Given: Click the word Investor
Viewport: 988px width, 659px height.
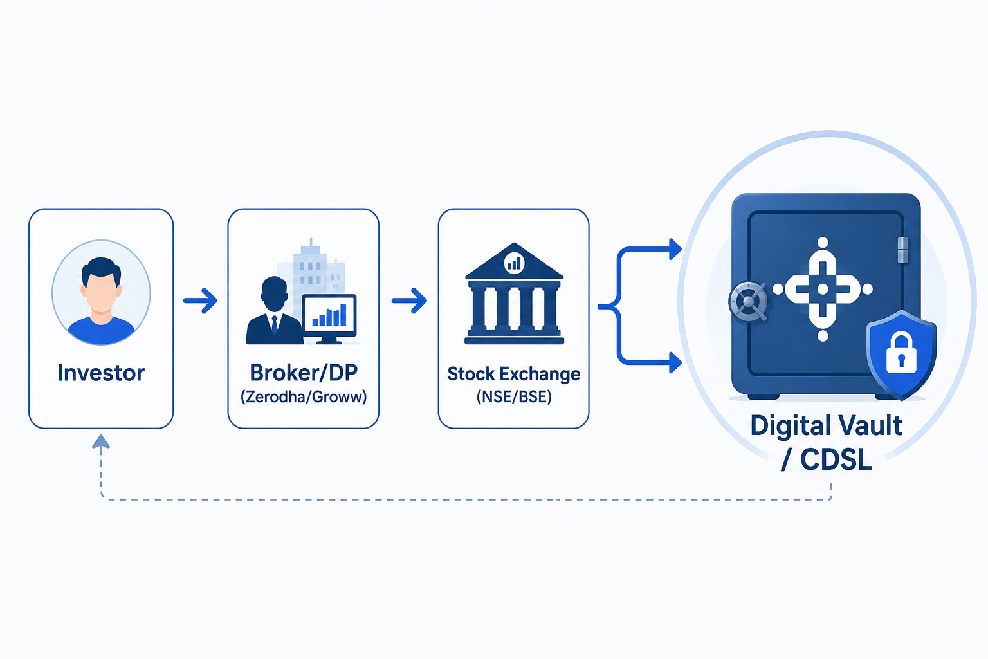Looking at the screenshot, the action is click(101, 373).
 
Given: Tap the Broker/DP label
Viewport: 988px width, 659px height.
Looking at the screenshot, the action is click(304, 373).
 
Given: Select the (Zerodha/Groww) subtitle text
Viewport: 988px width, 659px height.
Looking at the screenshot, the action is click(304, 397).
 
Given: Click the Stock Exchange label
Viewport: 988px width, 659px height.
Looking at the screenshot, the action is click(513, 375).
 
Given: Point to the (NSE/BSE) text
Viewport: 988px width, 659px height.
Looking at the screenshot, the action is click(514, 397).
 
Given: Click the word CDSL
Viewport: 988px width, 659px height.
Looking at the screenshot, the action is click(836, 460).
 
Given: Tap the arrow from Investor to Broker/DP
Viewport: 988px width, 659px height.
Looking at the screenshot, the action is click(201, 301).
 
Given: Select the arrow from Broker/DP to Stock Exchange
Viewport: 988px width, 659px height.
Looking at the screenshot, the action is click(409, 301).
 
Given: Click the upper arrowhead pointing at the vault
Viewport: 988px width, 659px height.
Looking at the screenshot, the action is click(675, 250).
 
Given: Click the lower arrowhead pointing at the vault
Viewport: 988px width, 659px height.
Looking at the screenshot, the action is click(675, 363).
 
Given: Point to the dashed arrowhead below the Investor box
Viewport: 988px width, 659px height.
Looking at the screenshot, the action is click(101, 441).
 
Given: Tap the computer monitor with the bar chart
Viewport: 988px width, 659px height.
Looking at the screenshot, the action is click(329, 319).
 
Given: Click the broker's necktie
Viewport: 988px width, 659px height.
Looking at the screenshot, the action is click(275, 324).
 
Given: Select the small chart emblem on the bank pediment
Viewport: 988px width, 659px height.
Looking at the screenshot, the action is click(514, 263).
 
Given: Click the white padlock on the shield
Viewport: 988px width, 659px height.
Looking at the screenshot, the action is click(901, 353).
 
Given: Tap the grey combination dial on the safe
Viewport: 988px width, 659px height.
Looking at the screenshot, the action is click(749, 302).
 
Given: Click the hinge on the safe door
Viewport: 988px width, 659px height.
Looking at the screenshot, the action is click(903, 250).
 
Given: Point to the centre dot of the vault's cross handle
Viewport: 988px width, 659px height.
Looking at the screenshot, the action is click(823, 289).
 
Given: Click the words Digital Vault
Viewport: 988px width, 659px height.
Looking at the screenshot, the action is click(826, 426).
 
